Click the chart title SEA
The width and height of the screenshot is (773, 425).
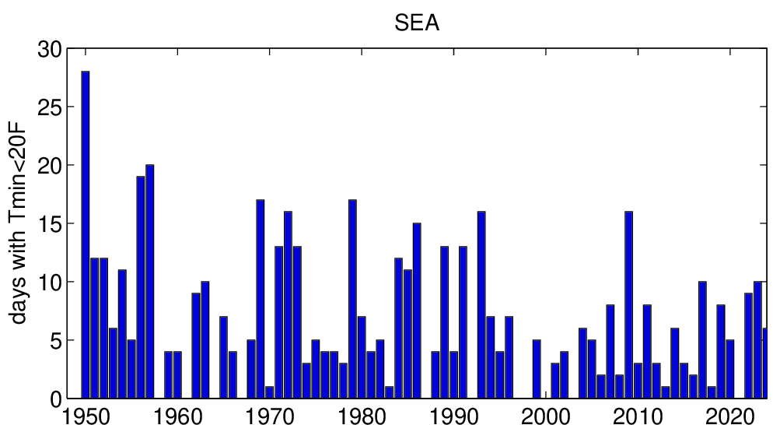[417, 24]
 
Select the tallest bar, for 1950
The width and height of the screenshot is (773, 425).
[85, 234]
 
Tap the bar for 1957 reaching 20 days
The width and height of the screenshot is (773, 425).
[149, 281]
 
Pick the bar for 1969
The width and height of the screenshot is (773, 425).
[260, 299]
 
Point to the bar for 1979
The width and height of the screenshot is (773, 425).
[352, 299]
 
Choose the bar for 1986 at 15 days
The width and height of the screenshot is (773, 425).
[417, 311]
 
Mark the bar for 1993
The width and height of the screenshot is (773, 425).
[481, 304]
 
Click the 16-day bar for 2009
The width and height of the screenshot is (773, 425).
[628, 304]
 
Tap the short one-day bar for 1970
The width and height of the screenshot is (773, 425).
[269, 392]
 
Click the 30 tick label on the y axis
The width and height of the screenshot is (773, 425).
[50, 49]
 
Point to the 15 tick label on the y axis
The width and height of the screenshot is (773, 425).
[50, 224]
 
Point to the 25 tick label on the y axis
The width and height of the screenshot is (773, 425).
[50, 107]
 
